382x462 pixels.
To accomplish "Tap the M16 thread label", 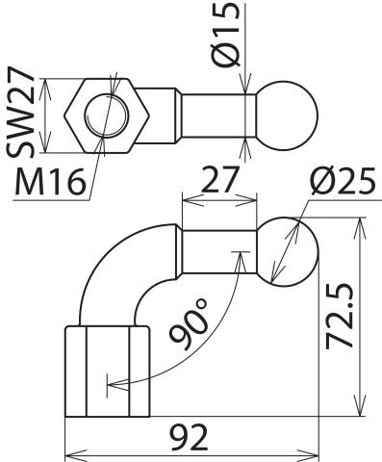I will [49, 179].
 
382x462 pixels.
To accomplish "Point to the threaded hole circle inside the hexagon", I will [105, 114].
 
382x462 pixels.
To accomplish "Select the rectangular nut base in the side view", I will [106, 372].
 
